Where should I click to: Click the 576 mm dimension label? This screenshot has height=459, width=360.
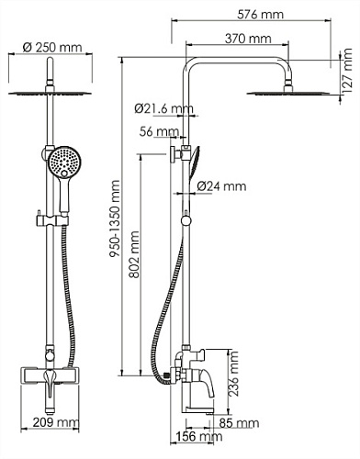click(x=261, y=15)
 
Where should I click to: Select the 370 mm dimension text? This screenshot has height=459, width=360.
click(x=248, y=39)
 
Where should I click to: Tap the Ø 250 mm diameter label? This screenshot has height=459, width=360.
click(x=52, y=48)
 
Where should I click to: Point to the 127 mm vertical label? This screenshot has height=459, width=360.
click(x=348, y=72)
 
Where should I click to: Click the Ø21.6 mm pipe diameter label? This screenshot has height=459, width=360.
click(x=163, y=108)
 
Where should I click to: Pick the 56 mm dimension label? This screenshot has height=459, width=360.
click(x=159, y=132)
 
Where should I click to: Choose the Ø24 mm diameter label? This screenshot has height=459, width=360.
click(x=221, y=186)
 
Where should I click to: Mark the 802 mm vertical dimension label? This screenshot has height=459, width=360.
click(x=134, y=254)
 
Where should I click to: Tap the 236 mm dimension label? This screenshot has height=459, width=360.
click(x=233, y=374)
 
